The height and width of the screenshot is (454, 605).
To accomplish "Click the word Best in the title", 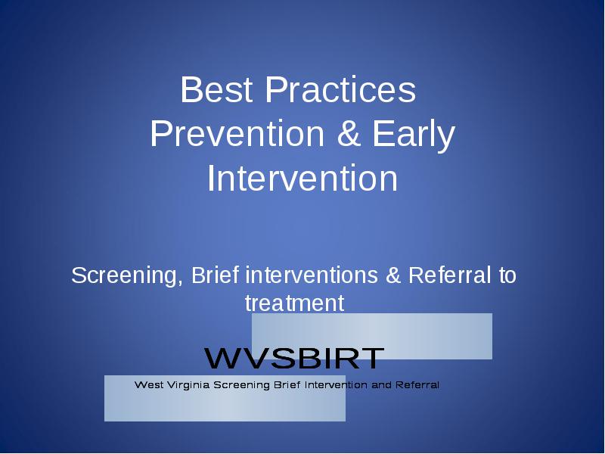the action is point(216,89).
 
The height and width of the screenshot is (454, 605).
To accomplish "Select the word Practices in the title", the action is point(340,89).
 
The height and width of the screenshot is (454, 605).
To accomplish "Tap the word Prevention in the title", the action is point(237,134).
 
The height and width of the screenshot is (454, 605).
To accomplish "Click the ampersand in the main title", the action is point(349,134).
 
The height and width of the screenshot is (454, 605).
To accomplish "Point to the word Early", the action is point(414,136).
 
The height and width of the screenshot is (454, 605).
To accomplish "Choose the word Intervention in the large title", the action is point(302,178).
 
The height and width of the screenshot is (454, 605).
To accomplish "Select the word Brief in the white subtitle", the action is point(216,275).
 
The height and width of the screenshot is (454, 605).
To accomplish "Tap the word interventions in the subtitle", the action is point(312,275).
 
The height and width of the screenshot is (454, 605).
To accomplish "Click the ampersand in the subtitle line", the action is point(393,275).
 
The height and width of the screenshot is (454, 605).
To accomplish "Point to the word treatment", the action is point(294,303).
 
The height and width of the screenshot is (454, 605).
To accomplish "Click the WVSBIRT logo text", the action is point(294,358).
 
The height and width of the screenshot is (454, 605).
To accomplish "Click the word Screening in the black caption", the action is point(241,385).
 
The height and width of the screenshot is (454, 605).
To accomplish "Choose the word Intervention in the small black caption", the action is point(336,384).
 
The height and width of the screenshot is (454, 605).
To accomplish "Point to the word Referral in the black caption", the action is point(417,384).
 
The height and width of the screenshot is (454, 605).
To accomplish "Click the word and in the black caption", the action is point(382,384).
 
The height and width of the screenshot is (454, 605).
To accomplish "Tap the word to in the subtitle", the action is point(507,276).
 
